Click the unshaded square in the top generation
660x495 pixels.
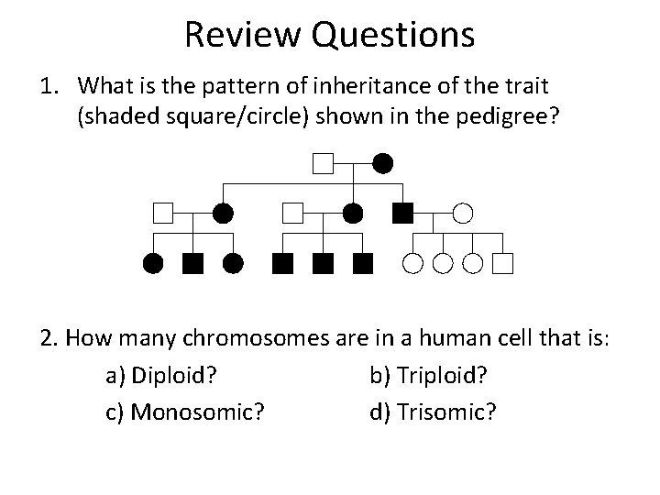click(x=322, y=165)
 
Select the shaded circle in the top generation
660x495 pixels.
click(x=383, y=165)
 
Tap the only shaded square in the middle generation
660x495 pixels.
click(x=401, y=214)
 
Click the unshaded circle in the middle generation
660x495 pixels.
click(x=463, y=214)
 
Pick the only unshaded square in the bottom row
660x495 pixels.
click(x=502, y=265)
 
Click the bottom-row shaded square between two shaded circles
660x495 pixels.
click(x=192, y=265)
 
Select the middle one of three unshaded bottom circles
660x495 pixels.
click(x=443, y=265)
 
